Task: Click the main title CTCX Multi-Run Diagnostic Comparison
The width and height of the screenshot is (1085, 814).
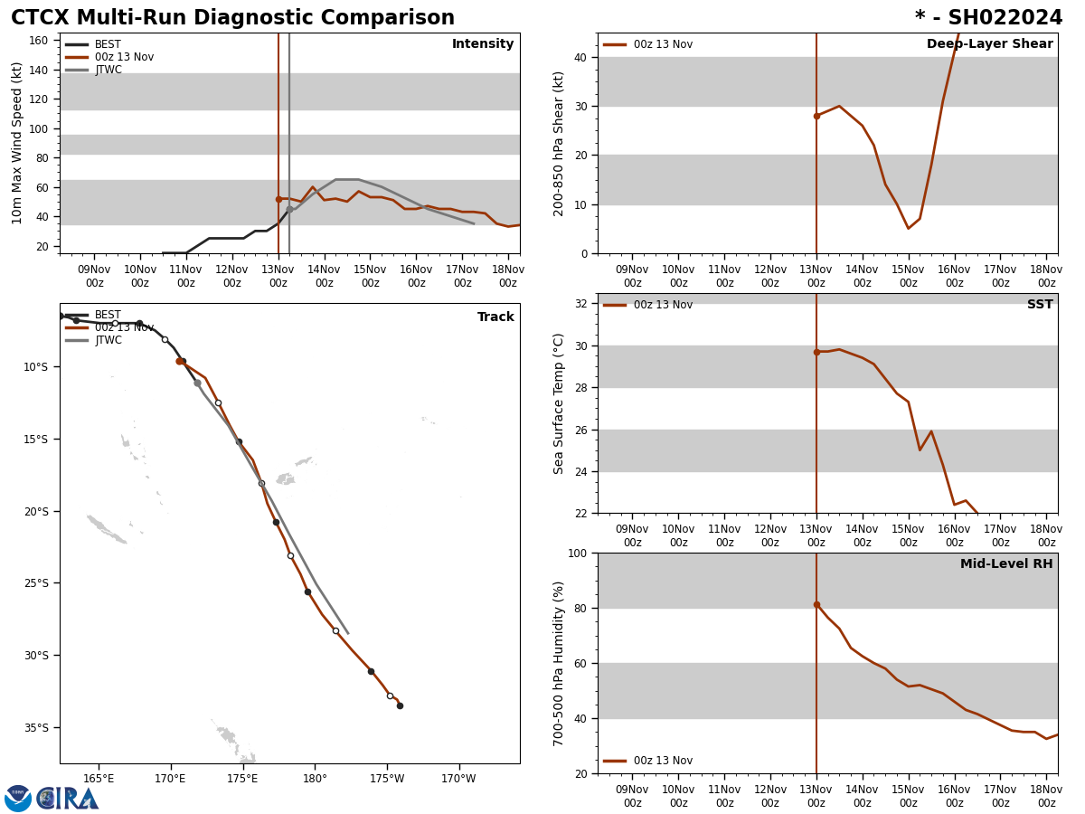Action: click(232, 18)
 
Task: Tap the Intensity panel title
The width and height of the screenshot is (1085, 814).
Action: click(483, 44)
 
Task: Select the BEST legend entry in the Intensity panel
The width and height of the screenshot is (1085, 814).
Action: click(108, 44)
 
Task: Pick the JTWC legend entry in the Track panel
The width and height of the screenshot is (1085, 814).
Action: click(108, 340)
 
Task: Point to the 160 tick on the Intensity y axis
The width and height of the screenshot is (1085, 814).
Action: click(39, 41)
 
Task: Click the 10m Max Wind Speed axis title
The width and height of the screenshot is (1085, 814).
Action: click(17, 143)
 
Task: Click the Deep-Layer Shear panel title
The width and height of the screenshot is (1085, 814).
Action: click(989, 44)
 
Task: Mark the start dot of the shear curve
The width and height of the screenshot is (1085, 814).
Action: click(816, 116)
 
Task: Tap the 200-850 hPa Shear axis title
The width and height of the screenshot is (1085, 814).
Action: click(559, 143)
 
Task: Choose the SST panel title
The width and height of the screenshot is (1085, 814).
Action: click(1040, 305)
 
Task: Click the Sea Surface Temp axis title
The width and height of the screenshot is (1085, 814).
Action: click(559, 403)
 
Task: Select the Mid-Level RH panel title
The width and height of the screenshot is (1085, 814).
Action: click(1006, 564)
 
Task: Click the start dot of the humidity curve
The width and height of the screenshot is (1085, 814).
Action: click(816, 604)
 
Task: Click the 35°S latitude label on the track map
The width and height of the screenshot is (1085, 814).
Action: click(36, 727)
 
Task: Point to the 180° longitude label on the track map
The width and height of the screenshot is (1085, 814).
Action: click(315, 778)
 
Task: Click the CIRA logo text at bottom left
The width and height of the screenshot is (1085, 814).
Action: click(68, 799)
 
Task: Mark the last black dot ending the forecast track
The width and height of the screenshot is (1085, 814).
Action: click(400, 705)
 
